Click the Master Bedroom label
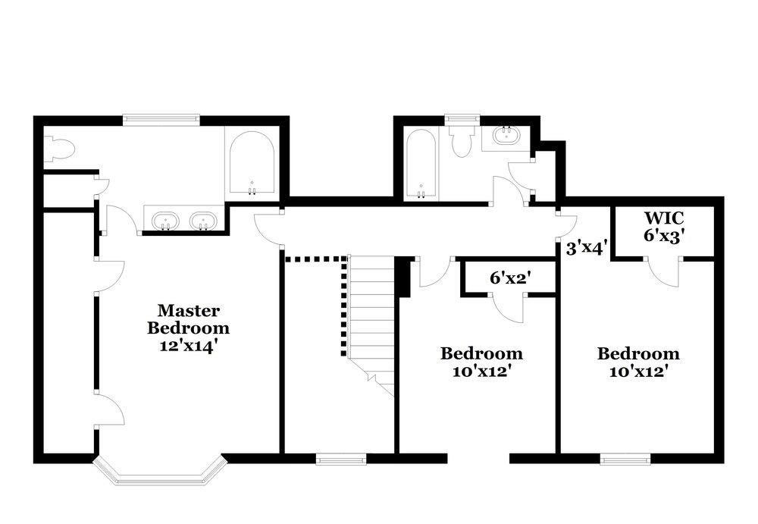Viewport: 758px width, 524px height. [x=188, y=318]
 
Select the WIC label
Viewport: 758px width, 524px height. [x=664, y=218]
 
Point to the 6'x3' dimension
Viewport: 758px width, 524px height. [x=664, y=235]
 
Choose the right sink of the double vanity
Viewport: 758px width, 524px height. [x=203, y=221]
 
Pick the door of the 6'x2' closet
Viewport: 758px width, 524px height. [x=509, y=308]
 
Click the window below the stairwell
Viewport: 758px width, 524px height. [x=341, y=458]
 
